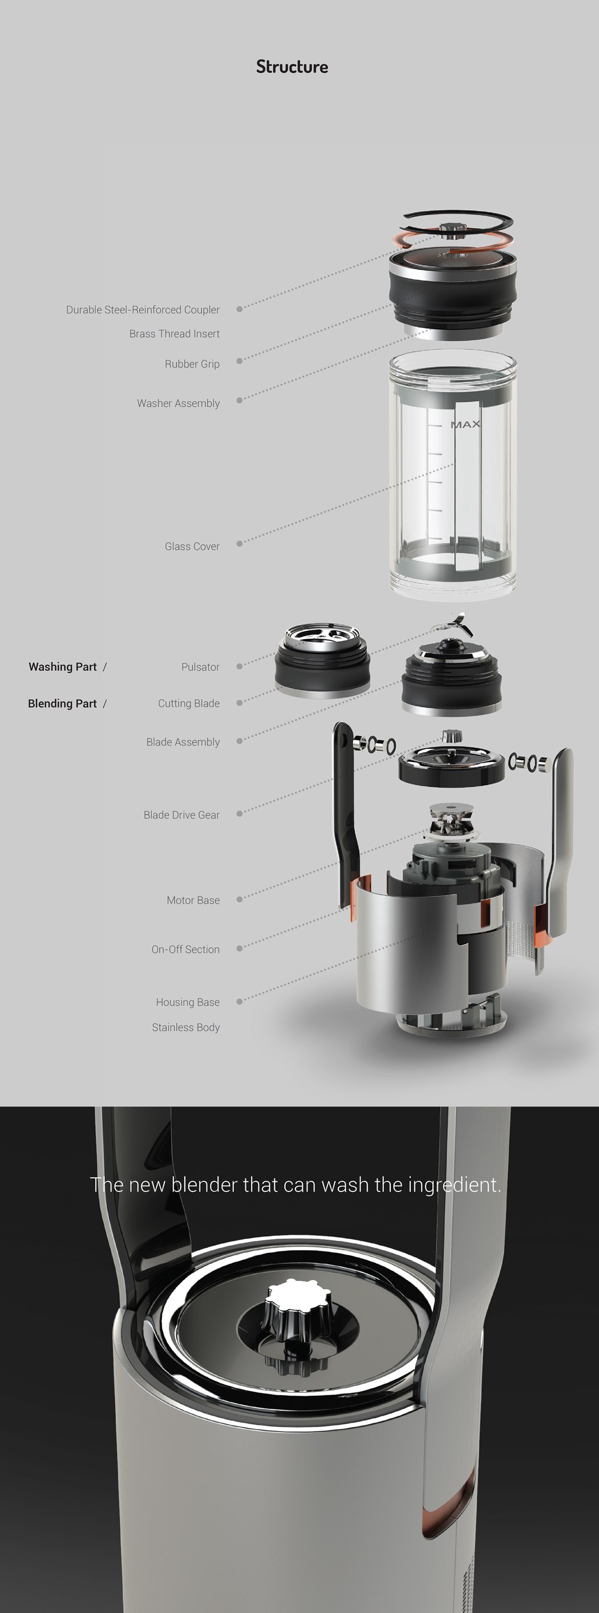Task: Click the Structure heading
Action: click(x=292, y=67)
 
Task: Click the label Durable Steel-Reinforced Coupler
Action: click(x=143, y=310)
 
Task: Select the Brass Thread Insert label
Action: click(x=174, y=334)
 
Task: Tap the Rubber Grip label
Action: click(x=192, y=364)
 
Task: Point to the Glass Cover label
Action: click(x=192, y=546)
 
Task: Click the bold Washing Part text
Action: click(x=63, y=667)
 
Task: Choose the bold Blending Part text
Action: click(x=62, y=703)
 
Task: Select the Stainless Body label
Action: click(x=185, y=1027)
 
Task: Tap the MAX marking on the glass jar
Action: click(x=466, y=424)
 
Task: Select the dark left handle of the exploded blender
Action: click(x=345, y=814)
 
